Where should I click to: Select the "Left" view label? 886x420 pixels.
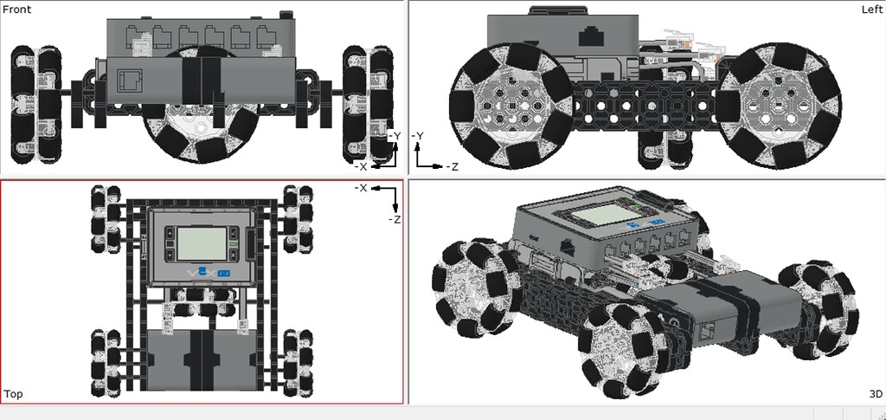pyautogui.click(x=871, y=9)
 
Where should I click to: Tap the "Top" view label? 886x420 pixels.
pyautogui.click(x=13, y=394)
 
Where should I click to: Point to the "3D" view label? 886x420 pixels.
pyautogui.click(x=875, y=394)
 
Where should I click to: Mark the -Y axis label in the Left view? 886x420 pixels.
pyautogui.click(x=417, y=136)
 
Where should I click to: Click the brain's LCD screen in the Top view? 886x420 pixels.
pyautogui.click(x=201, y=243)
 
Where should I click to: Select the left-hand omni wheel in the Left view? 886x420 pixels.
pyautogui.click(x=510, y=106)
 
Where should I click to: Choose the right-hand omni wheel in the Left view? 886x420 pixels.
pyautogui.click(x=779, y=106)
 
